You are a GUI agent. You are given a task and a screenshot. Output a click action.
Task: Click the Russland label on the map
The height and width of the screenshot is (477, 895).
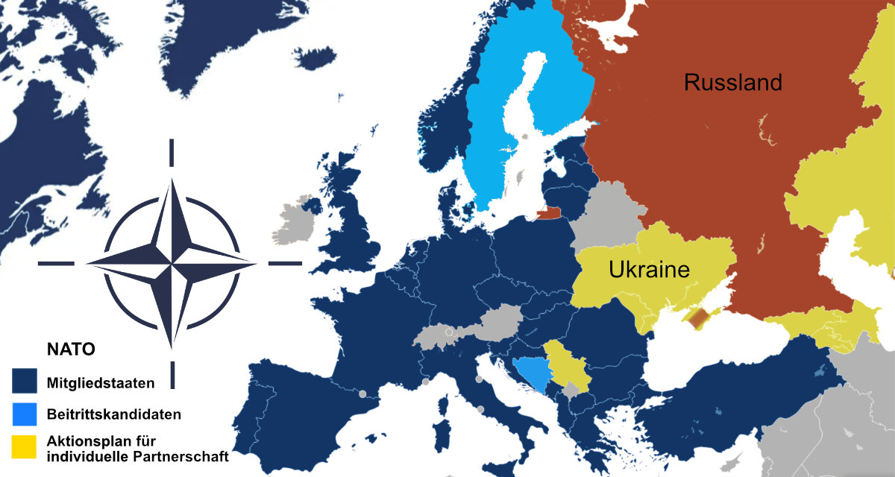733,83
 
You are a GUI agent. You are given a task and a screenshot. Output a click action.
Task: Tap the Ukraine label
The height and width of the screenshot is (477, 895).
649,269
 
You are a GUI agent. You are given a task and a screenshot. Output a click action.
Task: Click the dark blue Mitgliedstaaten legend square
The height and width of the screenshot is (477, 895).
25,383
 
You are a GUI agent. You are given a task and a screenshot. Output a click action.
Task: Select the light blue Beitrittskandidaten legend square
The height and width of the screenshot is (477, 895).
25,413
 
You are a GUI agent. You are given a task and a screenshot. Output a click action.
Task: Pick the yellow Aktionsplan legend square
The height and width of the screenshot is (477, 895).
25,446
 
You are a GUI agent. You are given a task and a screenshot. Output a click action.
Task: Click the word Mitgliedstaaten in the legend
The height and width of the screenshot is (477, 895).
101,384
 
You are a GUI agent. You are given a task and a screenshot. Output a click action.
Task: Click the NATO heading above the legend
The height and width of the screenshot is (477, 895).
70,349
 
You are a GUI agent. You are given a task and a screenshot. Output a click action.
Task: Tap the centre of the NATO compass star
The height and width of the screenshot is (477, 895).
172,263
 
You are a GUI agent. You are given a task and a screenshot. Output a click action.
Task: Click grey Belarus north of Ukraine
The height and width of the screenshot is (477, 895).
608,216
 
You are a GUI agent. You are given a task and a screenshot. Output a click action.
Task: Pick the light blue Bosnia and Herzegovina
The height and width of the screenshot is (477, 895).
530,370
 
